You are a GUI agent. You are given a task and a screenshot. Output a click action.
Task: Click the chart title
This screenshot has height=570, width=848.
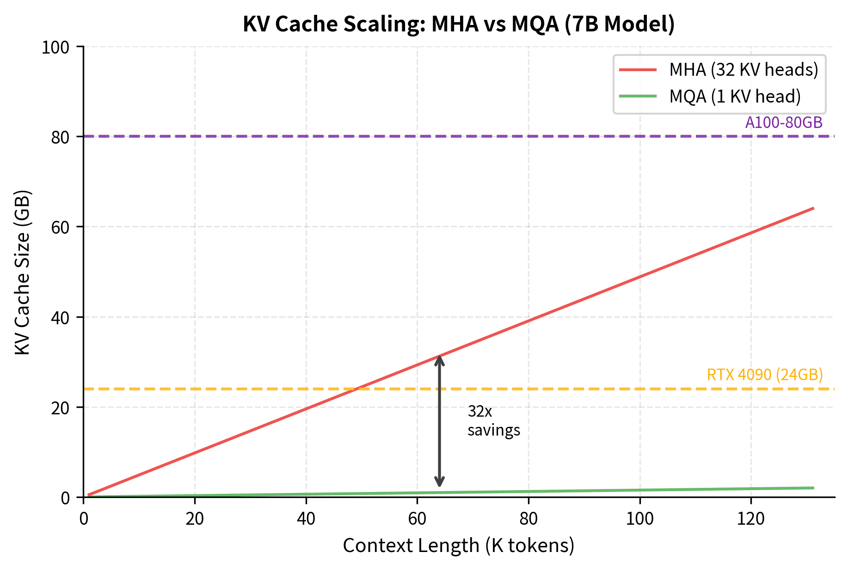(x=459, y=24)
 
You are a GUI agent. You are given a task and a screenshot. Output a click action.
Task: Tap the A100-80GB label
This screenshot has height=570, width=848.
(x=784, y=122)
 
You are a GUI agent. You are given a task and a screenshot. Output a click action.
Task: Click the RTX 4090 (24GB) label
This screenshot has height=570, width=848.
(x=765, y=375)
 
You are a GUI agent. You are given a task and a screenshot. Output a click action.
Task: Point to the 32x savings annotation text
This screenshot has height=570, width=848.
(x=493, y=421)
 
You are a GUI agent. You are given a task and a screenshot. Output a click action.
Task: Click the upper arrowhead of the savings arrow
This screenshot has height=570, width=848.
(x=440, y=359)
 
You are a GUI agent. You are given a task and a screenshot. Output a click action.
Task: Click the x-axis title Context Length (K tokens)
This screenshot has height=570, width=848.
(x=458, y=546)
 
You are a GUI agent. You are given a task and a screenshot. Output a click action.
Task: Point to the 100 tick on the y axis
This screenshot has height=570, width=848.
(x=55, y=48)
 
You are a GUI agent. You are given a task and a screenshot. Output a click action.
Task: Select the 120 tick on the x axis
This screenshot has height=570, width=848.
(x=750, y=519)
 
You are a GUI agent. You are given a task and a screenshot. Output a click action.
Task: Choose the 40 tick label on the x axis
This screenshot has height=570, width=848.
(x=306, y=519)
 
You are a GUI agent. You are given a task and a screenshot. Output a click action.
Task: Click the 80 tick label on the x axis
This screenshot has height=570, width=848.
(x=528, y=519)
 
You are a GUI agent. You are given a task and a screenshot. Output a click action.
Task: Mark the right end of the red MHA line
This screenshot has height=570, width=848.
(x=813, y=208)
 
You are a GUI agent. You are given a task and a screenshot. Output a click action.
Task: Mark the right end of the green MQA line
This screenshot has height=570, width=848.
(x=813, y=488)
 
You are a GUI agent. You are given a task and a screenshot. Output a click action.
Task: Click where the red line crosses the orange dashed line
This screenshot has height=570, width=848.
(x=356, y=389)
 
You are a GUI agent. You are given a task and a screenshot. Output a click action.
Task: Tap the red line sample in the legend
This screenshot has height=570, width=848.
(x=638, y=70)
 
